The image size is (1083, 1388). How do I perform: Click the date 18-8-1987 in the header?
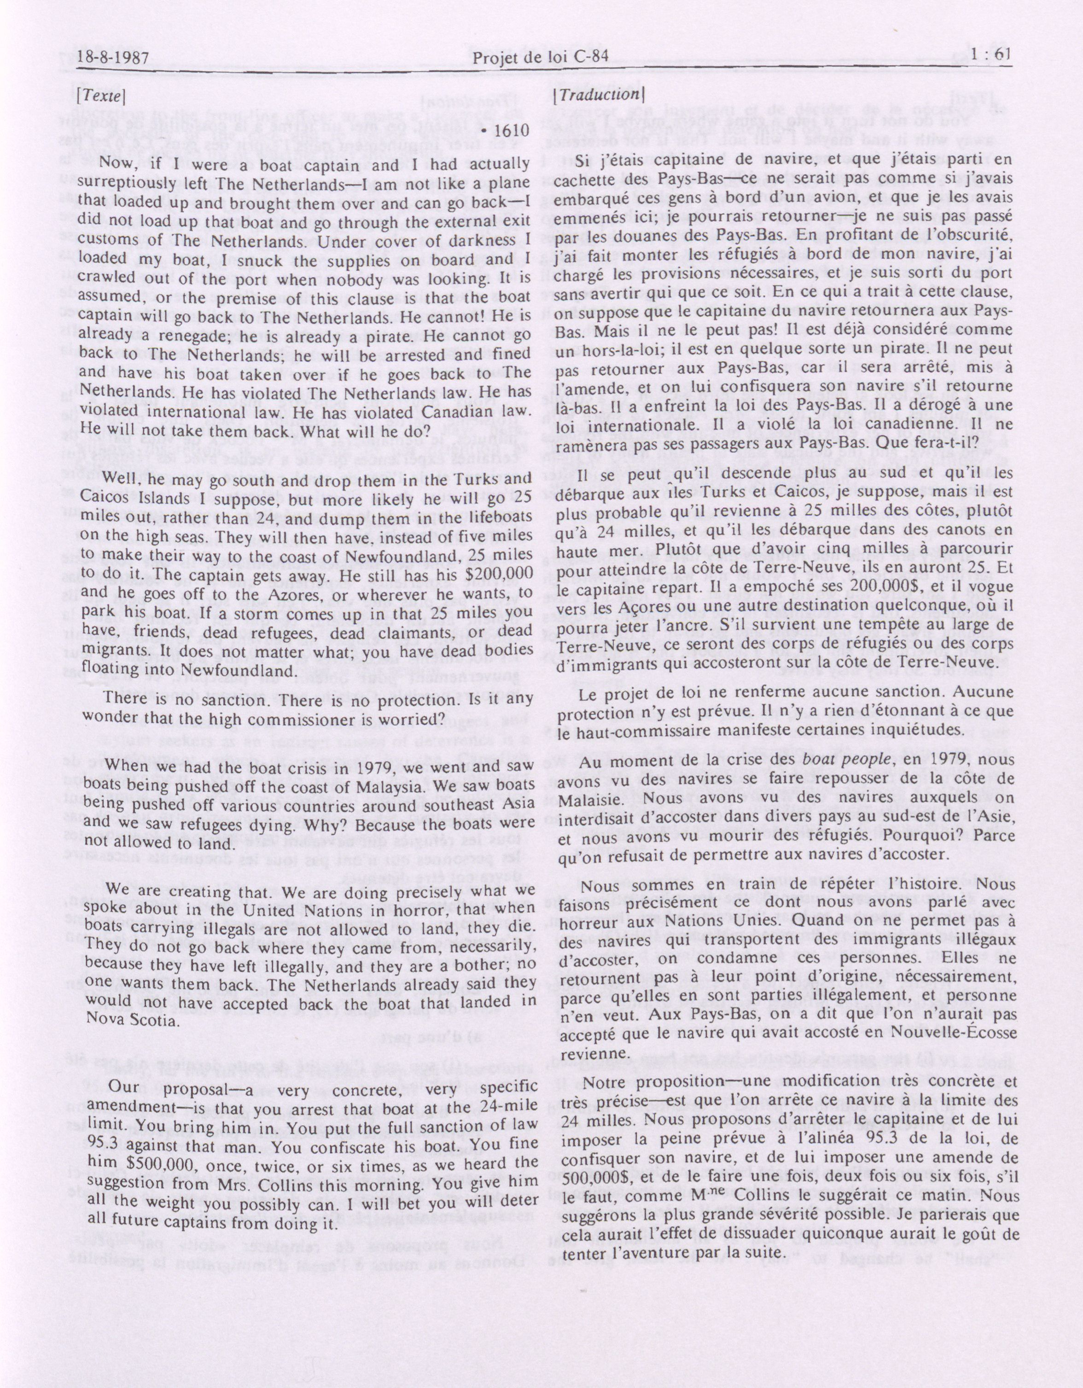click(x=113, y=60)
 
